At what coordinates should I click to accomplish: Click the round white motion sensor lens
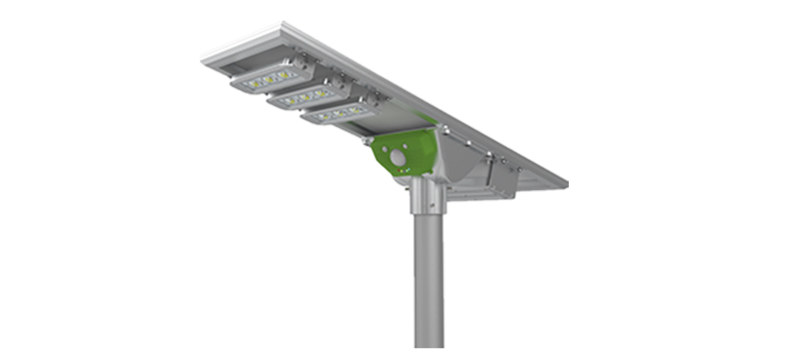398,161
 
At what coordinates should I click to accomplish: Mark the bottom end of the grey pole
428,345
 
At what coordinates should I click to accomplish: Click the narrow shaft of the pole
428,279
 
